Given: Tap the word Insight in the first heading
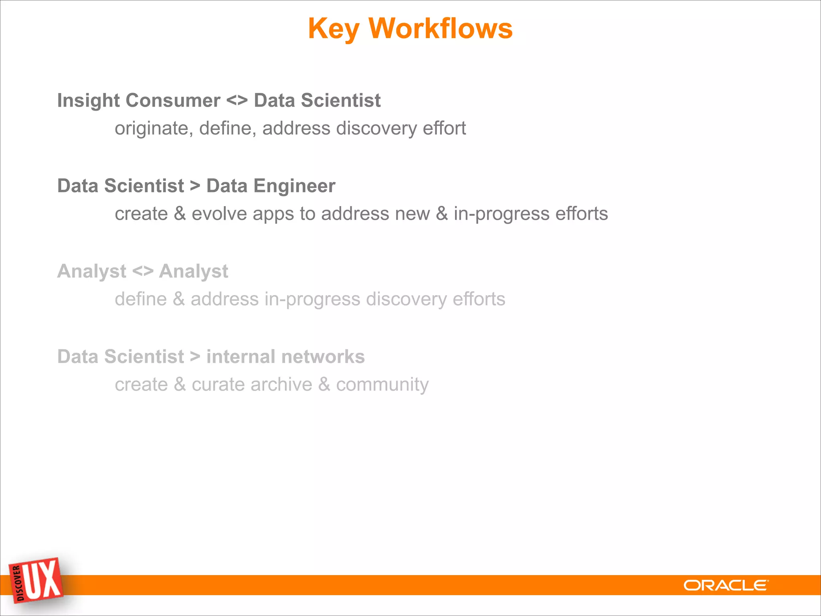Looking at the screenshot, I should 88,101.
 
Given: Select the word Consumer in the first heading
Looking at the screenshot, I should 173,100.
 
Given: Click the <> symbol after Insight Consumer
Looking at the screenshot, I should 237,100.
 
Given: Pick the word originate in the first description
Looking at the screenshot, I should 151,129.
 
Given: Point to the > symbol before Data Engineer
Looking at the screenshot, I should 195,186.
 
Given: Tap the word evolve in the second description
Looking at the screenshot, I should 219,214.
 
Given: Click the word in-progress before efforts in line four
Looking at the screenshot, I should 501,214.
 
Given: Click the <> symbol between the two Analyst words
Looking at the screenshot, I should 143,271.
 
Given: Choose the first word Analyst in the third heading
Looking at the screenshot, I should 92,272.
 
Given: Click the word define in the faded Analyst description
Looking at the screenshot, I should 141,299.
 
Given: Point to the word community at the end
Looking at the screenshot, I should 382,385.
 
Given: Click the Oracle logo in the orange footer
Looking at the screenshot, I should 726,586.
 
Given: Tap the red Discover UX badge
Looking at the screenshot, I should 36,580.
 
